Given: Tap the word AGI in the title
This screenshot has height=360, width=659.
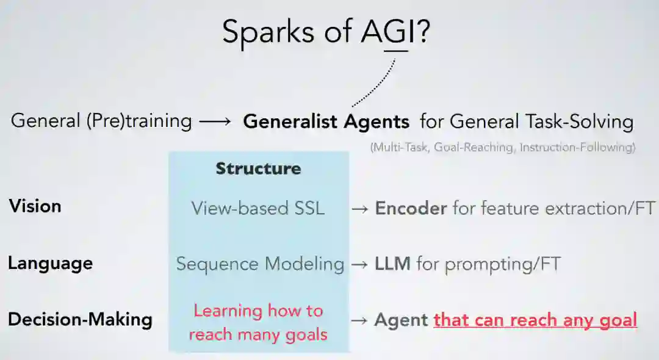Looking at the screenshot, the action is point(387,32).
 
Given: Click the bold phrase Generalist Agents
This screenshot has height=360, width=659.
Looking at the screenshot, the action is point(326,121).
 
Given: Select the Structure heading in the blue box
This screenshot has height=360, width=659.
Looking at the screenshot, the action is point(258,168).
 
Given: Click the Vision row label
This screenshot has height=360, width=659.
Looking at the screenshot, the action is point(35,206).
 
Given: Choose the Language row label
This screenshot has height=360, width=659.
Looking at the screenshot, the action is point(50,263).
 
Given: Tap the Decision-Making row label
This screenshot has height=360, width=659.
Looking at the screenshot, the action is point(80,319).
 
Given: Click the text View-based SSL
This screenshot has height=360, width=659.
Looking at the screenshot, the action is point(258,209).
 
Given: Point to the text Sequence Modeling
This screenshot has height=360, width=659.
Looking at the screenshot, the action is point(260,264).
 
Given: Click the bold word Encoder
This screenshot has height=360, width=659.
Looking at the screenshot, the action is point(411,209).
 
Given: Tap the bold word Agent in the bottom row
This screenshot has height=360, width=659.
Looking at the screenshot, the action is point(401,320).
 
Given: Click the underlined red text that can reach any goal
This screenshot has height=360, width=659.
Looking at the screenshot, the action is point(535,320).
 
